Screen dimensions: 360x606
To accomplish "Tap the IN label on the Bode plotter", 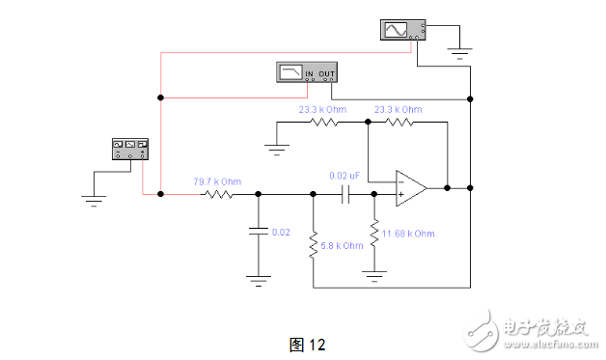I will click(311, 73).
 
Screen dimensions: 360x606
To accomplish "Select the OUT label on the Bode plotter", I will click(330, 73).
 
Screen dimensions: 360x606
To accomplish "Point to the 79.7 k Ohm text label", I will click(217, 180).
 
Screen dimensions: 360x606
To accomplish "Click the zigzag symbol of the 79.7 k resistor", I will click(217, 194).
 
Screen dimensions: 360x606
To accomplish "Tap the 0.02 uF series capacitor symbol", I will click(344, 194).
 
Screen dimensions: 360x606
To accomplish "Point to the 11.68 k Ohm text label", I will click(409, 235).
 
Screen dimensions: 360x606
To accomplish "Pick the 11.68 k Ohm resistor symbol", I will click(373, 235).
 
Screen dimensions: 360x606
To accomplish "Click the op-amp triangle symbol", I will click(411, 187).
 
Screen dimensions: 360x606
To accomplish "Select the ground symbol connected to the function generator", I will click(94, 201).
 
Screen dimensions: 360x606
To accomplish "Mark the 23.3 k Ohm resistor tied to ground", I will click(325, 124).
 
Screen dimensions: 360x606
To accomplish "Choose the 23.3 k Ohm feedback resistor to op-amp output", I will click(397, 124).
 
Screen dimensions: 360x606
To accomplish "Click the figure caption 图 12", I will click(308, 345).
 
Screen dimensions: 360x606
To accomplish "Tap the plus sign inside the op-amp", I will click(399, 194).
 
